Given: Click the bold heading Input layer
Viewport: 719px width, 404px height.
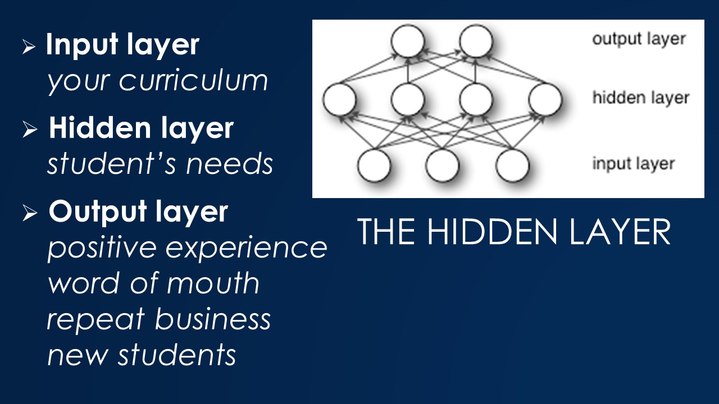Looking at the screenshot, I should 122,45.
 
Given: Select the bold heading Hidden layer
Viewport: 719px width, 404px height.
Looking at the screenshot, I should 140,128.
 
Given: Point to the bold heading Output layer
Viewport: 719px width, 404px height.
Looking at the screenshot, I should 138,211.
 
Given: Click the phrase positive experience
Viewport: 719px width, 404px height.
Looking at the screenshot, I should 187,247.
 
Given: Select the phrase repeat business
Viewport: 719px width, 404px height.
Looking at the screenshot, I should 159,319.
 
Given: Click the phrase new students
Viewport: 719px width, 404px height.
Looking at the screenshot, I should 142,355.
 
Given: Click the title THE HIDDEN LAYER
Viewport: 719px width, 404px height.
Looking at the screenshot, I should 513,232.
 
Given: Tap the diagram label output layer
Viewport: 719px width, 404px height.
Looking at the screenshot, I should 639,39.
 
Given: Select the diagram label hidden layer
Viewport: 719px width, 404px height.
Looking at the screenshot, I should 640,98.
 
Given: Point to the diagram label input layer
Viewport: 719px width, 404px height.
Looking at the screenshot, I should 633,164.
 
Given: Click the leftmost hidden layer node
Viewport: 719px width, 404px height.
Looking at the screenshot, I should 339,100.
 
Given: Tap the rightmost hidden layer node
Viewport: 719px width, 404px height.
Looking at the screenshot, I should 545,100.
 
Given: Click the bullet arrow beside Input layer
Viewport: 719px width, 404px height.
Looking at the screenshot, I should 29,47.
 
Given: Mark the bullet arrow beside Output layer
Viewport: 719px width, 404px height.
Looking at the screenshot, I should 29,214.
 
